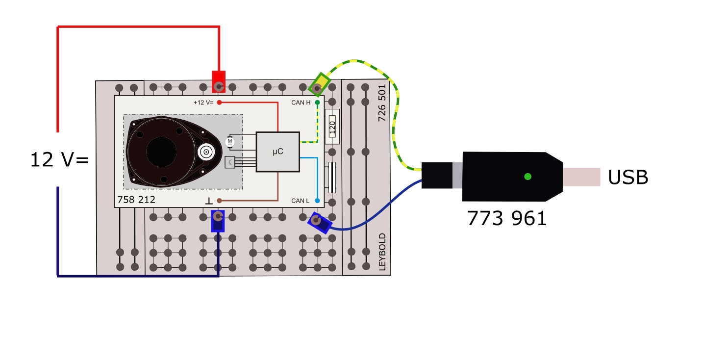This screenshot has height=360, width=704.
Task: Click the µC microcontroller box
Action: [277, 152]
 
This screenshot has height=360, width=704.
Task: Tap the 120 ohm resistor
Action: [332, 127]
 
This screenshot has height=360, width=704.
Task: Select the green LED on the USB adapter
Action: [528, 177]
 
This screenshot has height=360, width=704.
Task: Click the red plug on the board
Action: [219, 81]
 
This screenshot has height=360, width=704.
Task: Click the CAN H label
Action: [301, 103]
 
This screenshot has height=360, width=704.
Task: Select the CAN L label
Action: [300, 201]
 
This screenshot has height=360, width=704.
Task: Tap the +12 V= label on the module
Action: [203, 103]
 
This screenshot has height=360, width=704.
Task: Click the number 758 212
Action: [136, 200]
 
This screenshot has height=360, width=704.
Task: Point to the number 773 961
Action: [506, 218]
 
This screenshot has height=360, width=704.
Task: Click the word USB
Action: [628, 178]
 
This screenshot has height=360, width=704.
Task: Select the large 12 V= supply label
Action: [59, 160]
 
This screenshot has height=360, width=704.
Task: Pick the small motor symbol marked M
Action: [229, 142]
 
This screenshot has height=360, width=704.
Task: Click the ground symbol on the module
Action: [209, 201]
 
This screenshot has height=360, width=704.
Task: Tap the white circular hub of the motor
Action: [206, 153]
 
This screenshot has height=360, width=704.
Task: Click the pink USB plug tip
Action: [581, 177]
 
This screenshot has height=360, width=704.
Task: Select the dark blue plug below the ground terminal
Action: [218, 221]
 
